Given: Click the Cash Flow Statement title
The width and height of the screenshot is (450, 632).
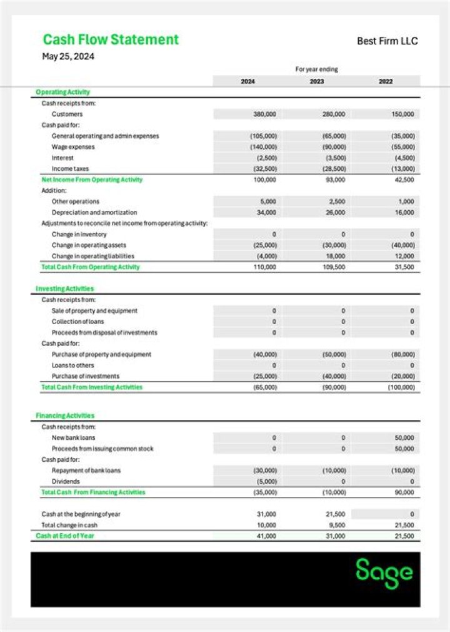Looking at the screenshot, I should [111, 39].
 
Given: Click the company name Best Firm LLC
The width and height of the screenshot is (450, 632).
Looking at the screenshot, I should [387, 41].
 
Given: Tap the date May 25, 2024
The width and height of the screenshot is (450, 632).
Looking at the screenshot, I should [68, 56].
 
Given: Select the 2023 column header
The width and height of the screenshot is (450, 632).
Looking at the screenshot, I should [317, 81].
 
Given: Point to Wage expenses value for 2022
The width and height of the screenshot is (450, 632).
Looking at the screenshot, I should [403, 147].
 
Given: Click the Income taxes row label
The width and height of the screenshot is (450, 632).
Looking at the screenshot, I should [70, 169].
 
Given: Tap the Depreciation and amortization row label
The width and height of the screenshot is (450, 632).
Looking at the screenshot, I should [94, 213].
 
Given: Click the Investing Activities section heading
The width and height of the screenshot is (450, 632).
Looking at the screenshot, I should [65, 288].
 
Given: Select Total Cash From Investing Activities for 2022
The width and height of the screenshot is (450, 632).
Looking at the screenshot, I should [402, 387].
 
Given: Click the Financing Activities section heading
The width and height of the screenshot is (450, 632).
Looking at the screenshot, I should [65, 415].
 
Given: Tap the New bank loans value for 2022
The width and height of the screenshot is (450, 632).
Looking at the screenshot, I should [404, 438].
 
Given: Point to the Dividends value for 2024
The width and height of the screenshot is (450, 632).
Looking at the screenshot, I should [266, 482].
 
